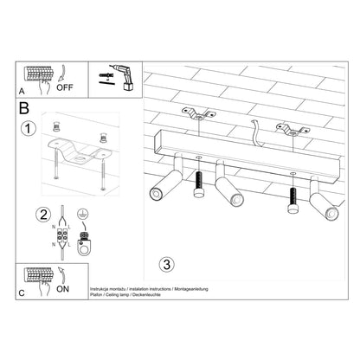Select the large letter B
(x=24, y=109)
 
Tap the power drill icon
(x=116, y=78)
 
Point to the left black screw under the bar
(x=198, y=183)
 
